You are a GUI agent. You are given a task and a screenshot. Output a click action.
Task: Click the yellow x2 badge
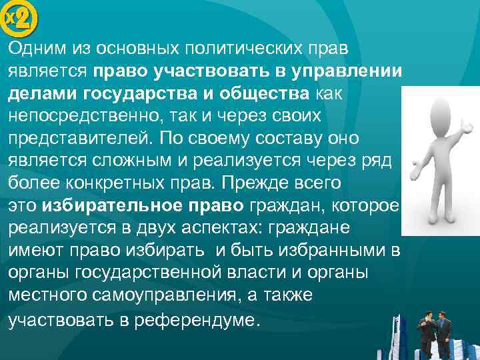[20, 21]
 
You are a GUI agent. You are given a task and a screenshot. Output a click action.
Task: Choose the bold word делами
[39, 95]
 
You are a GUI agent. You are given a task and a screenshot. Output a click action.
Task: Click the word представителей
[72, 139]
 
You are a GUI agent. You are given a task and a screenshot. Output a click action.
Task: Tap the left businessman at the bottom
[424, 333]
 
